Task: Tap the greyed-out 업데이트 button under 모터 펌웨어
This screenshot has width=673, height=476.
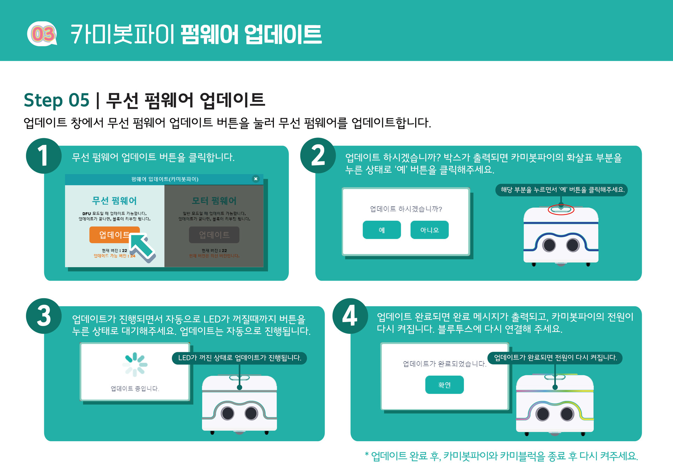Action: [x=214, y=235]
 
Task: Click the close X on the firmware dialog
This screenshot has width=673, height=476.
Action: [x=256, y=179]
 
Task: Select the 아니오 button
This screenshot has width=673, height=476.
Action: [x=429, y=230]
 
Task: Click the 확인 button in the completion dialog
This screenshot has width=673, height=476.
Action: [x=444, y=385]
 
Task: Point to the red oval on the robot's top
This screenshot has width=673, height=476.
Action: [x=561, y=210]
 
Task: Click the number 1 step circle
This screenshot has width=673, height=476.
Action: [x=43, y=156]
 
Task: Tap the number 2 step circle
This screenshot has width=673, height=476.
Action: [x=318, y=155]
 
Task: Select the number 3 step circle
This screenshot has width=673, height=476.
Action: [x=43, y=316]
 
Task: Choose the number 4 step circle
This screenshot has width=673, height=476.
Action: [x=350, y=316]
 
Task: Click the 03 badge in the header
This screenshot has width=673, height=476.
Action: [x=42, y=34]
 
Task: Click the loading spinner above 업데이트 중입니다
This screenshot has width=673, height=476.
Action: [x=135, y=364]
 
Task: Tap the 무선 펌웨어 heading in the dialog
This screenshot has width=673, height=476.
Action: [x=114, y=201]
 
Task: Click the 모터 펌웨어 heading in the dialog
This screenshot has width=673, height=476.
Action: [x=214, y=201]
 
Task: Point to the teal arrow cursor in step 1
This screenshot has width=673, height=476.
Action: [x=142, y=248]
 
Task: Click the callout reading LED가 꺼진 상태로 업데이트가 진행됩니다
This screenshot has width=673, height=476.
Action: [x=240, y=358]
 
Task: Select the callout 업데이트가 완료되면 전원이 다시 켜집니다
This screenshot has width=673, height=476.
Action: [x=555, y=358]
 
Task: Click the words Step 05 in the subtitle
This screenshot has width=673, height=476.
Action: [x=56, y=100]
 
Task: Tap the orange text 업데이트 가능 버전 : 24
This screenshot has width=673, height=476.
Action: [x=114, y=256]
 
